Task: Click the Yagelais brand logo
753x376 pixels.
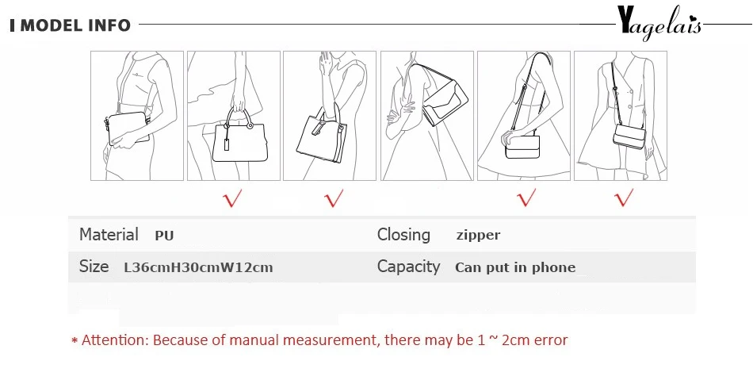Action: click(659, 24)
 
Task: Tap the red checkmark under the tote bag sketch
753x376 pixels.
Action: click(334, 198)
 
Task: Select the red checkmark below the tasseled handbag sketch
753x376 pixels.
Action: click(232, 198)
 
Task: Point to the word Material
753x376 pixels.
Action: click(109, 235)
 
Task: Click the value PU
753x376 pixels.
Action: click(164, 236)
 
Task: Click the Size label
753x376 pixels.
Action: click(94, 267)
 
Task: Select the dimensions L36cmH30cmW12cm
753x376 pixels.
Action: click(198, 268)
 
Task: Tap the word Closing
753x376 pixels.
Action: click(403, 235)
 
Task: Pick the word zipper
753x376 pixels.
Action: click(478, 236)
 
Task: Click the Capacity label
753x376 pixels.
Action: click(408, 267)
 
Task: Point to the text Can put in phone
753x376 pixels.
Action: click(515, 268)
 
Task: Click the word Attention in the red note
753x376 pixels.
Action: click(113, 340)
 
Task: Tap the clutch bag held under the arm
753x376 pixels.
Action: click(128, 128)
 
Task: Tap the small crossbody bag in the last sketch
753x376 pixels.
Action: click(629, 136)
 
